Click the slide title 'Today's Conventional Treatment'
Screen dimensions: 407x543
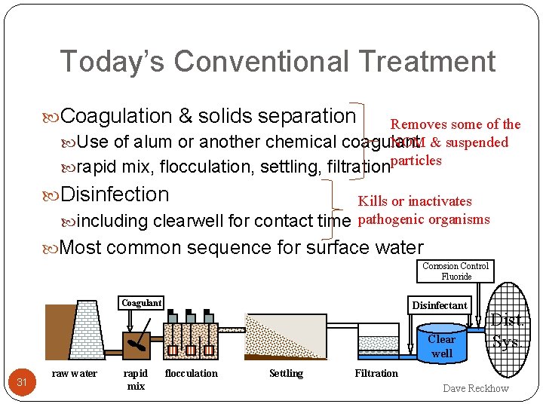tap(277, 61)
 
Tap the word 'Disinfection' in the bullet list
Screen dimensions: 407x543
tap(115, 194)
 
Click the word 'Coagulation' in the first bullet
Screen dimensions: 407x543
tap(116, 116)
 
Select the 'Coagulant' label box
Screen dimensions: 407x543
tap(142, 303)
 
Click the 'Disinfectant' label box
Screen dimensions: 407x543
tap(439, 305)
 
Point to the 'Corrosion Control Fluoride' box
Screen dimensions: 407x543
tap(456, 271)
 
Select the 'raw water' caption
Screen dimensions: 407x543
tap(74, 374)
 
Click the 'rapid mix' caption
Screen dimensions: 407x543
tap(136, 379)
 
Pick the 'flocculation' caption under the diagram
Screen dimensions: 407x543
tap(191, 374)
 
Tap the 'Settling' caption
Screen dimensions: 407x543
tap(286, 374)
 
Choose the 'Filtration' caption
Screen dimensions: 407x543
tap(376, 374)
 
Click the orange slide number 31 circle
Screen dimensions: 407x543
tap(23, 382)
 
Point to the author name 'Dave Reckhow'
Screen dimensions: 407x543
tap(475, 389)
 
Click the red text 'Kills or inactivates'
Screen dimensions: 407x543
tap(414, 201)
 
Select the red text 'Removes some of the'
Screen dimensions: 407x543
tap(455, 124)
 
